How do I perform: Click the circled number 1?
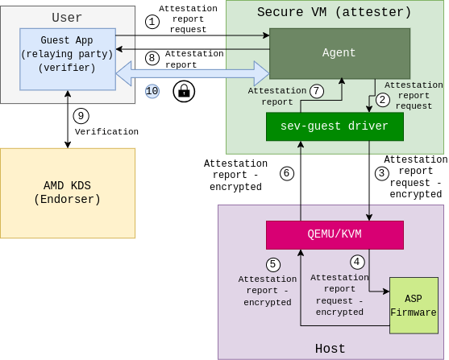click(x=152, y=22)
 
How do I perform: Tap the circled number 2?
click(x=383, y=100)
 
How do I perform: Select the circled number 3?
click(x=382, y=173)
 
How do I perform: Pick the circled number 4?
click(x=357, y=262)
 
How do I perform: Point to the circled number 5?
click(x=273, y=264)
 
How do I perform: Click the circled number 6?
click(x=286, y=173)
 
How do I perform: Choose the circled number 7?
click(x=317, y=91)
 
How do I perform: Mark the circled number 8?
click(x=152, y=58)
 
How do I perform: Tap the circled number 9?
click(x=81, y=116)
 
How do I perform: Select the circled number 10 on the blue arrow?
click(x=152, y=91)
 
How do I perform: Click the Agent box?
click(x=339, y=53)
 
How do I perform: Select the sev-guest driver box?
click(x=335, y=126)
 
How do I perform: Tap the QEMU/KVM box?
click(x=335, y=234)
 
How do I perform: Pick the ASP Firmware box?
click(x=414, y=305)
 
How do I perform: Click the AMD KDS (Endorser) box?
click(x=68, y=193)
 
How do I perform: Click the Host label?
click(x=330, y=349)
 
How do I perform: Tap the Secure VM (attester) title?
click(x=334, y=12)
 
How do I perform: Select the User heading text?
click(x=67, y=17)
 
